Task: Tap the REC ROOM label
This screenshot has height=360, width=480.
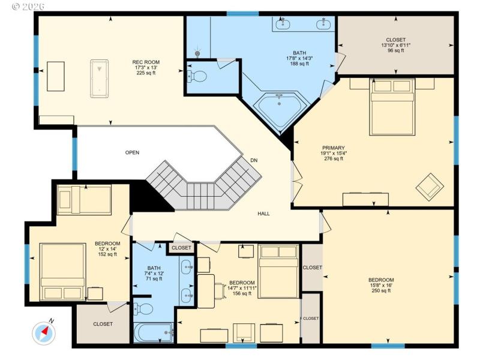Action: [x=146, y=62]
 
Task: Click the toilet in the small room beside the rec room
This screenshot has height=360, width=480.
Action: [x=197, y=76]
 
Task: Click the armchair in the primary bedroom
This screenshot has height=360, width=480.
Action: [x=430, y=187]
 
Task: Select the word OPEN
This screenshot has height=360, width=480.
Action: [x=132, y=152]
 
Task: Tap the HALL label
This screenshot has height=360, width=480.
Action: [x=263, y=213]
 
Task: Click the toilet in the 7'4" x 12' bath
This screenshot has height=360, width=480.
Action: [x=144, y=309]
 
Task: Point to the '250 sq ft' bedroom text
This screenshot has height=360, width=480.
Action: [x=381, y=290]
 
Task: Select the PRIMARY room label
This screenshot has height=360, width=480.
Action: [x=333, y=148]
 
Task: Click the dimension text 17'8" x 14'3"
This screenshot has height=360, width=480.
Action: [x=298, y=58]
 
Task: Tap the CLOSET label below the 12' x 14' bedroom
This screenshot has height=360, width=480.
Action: [x=103, y=324]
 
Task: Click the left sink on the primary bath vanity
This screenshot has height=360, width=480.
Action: [x=283, y=25]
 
